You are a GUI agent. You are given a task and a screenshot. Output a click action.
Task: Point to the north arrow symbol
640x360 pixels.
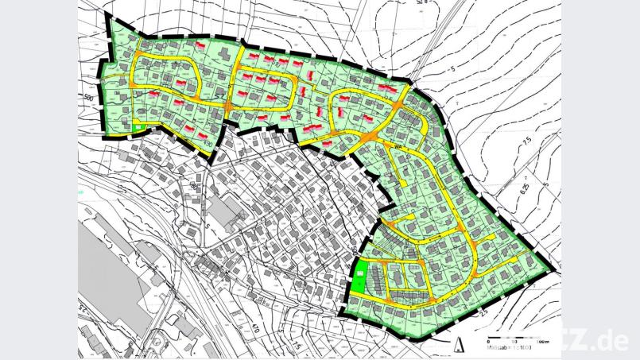point(460,344)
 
